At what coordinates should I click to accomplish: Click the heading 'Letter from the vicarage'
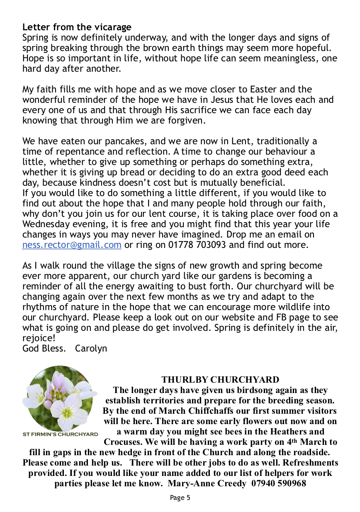tap(77, 28)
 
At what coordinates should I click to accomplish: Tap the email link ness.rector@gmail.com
tap(72, 245)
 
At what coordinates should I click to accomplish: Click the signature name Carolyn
tap(91, 348)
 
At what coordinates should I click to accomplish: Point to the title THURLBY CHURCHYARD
tap(220, 380)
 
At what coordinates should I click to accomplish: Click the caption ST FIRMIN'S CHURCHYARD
tap(60, 434)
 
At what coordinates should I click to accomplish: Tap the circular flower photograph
tap(60, 398)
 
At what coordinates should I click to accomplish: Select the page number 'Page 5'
tap(180, 498)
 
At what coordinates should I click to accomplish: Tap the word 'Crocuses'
tap(124, 442)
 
